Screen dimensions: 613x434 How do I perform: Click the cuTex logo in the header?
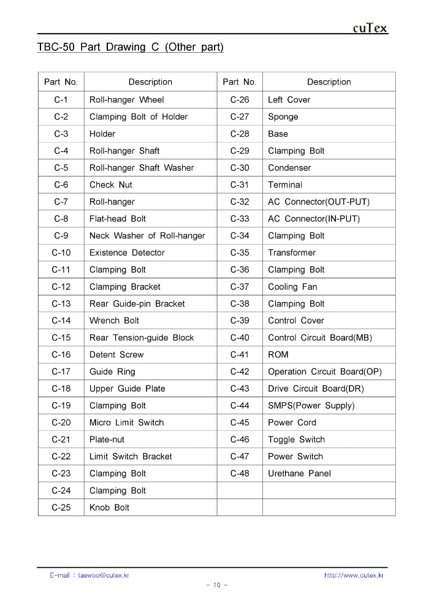pos(370,28)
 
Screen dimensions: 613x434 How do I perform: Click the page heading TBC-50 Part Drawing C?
pos(130,47)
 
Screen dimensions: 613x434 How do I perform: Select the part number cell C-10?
pos(61,253)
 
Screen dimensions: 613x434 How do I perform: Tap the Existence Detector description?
pos(127,253)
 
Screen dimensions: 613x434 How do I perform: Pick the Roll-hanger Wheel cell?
pos(127,100)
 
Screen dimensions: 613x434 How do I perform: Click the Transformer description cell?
pos(292,253)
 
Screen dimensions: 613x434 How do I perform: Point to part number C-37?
pos(240,287)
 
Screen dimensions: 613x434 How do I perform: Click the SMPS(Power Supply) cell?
pos(311,406)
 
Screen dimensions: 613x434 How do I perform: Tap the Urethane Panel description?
pos(299,473)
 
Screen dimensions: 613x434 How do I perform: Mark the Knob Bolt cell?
pos(109,508)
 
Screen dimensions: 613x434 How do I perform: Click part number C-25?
pos(61,508)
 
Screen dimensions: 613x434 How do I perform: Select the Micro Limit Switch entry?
pos(126,422)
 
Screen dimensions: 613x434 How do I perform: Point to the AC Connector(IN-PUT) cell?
pos(314,219)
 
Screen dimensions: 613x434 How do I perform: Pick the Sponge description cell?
pos(283,117)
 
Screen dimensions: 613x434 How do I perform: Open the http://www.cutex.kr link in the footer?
pos(353,575)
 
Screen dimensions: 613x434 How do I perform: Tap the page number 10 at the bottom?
pos(216,585)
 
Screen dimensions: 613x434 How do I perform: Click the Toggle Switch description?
pos(296,440)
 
